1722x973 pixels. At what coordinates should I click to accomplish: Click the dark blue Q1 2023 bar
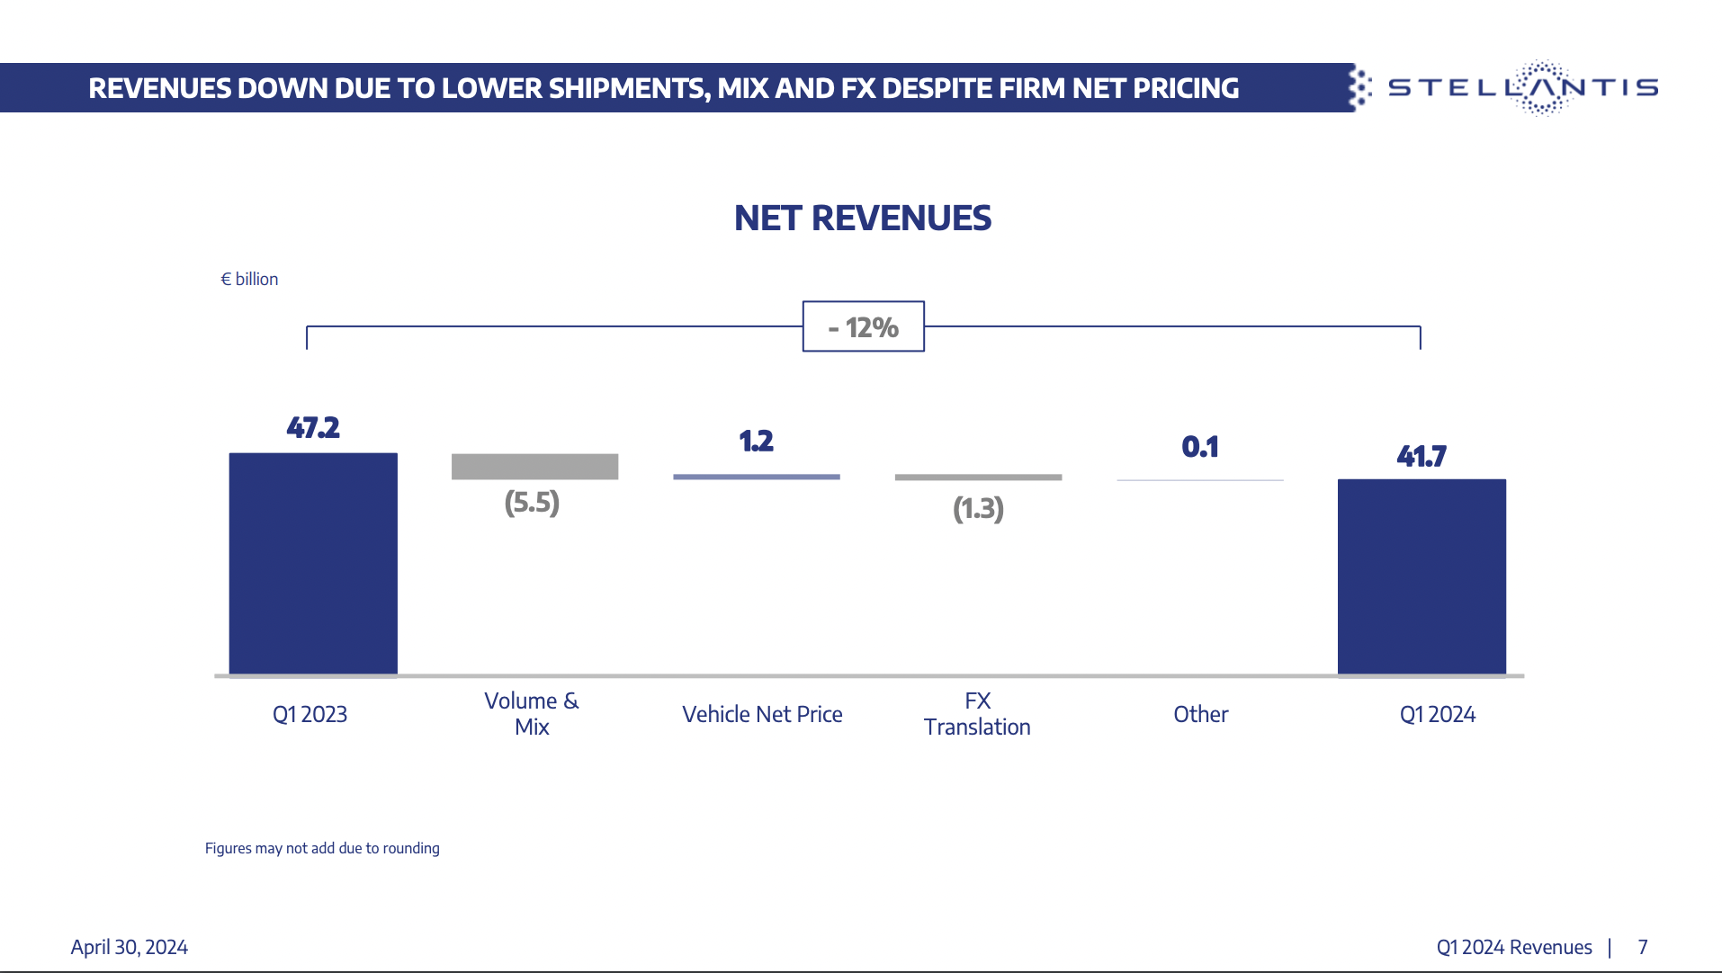click(313, 563)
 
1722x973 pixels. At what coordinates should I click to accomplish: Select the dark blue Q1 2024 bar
click(1422, 576)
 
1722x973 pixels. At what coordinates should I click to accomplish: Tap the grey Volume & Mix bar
click(534, 466)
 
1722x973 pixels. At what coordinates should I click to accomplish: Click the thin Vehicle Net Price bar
click(756, 477)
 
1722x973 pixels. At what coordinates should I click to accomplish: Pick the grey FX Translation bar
click(978, 478)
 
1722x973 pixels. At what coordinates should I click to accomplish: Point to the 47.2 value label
click(313, 427)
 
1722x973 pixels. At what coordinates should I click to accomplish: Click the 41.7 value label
click(1422, 456)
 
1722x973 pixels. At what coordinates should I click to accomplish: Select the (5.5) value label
click(532, 502)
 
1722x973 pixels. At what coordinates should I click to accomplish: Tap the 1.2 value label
click(756, 441)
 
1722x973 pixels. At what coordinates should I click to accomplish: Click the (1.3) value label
click(978, 509)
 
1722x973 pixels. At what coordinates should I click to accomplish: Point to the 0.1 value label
click(1200, 446)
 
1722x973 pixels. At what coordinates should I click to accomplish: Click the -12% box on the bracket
click(863, 326)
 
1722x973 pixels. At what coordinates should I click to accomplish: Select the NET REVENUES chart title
click(862, 219)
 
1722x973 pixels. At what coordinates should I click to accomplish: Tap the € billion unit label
click(249, 279)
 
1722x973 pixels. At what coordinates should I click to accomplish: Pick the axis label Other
click(1200, 714)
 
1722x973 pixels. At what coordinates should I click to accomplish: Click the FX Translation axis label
click(977, 714)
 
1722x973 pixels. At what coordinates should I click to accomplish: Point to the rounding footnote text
click(322, 848)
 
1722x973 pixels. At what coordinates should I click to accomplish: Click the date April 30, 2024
click(129, 947)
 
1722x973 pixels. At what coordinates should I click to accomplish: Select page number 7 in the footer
click(1642, 947)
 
